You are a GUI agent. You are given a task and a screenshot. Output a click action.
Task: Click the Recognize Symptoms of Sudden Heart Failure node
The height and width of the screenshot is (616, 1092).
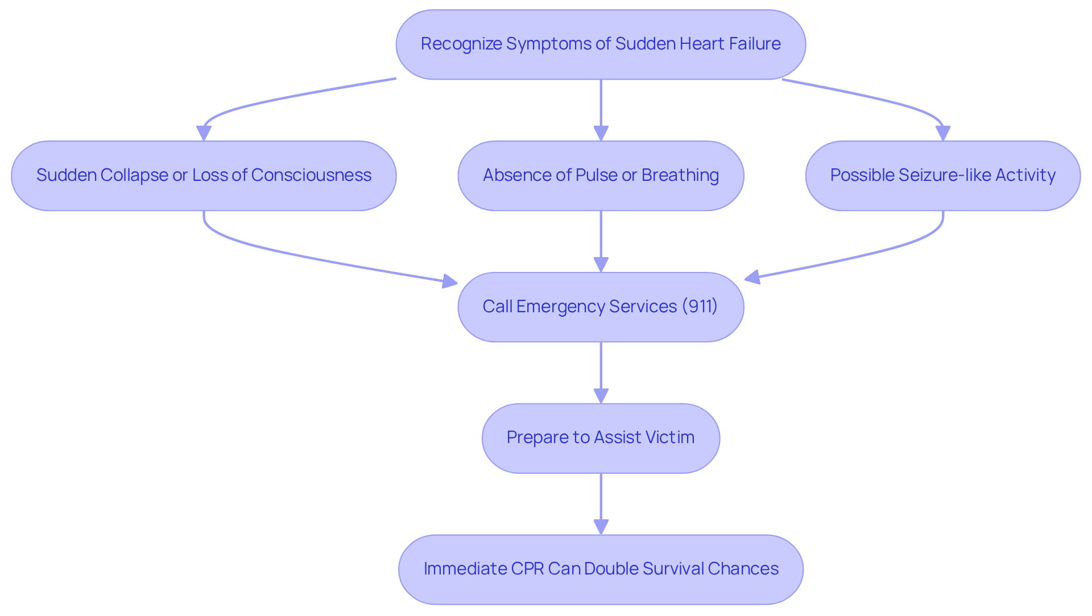coord(601,44)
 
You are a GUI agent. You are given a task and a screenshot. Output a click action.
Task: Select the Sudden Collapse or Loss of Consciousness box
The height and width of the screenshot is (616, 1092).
coord(204,176)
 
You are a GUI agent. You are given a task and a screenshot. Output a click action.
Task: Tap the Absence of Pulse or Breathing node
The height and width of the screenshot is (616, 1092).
coord(601,176)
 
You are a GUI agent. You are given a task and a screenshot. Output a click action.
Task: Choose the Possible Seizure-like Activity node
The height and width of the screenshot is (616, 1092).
coord(942,176)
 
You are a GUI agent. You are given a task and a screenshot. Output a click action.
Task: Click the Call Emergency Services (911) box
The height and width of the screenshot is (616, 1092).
coord(601,307)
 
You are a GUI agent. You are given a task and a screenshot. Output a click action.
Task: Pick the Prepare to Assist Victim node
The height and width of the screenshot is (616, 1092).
coord(601,438)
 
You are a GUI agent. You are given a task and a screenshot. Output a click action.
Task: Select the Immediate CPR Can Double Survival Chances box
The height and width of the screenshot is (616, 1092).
coord(601,569)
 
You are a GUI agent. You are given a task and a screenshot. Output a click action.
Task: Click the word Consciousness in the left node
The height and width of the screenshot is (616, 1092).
coord(311,175)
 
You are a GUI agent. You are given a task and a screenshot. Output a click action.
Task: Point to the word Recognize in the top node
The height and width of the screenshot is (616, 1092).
coord(461,44)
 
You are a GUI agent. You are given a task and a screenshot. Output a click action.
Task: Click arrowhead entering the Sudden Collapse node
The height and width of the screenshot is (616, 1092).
coord(204,134)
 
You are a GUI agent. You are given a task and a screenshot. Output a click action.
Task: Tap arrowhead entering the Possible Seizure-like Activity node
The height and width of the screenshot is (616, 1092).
coord(942,134)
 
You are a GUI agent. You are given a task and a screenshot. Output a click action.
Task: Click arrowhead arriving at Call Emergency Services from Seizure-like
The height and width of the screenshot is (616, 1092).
coord(752,277)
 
